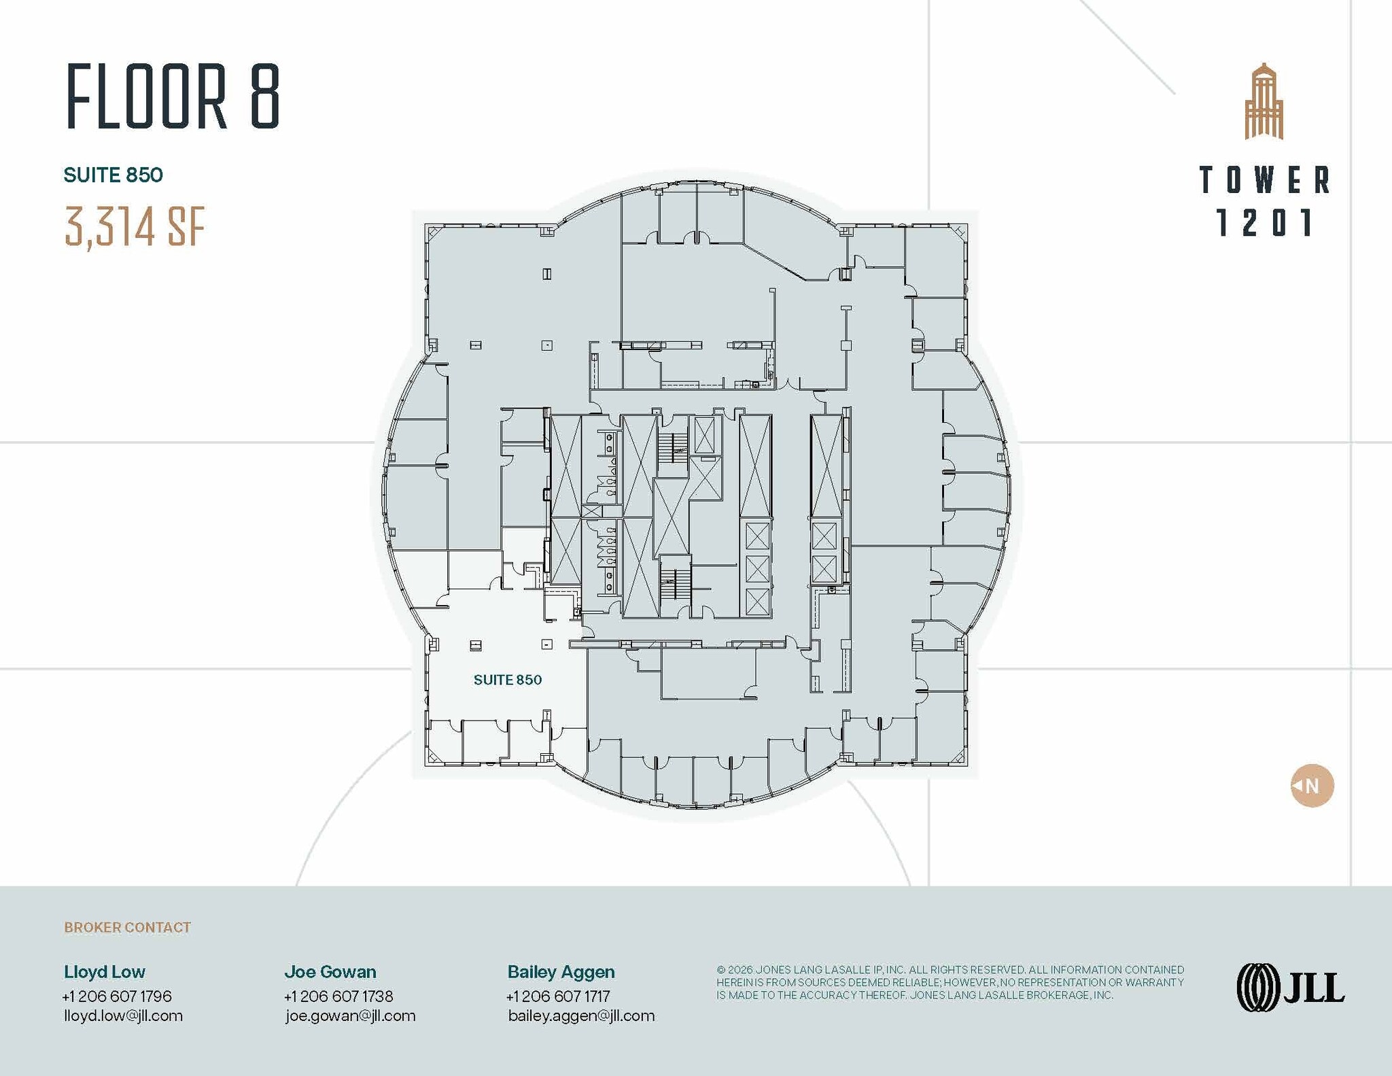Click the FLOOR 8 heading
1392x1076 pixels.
[x=173, y=97]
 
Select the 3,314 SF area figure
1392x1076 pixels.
[x=135, y=226]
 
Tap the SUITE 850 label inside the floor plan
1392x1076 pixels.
[x=508, y=680]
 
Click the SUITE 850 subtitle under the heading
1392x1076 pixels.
[x=114, y=175]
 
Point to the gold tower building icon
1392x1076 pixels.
[x=1264, y=101]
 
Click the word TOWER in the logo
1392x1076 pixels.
[x=1264, y=180]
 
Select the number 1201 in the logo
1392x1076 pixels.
[x=1264, y=223]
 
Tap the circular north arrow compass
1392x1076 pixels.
[x=1312, y=786]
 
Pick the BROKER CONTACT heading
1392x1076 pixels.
[x=128, y=928]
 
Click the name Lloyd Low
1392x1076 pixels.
[x=105, y=972]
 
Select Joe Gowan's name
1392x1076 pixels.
[x=330, y=972]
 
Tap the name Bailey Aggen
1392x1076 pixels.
[x=561, y=973]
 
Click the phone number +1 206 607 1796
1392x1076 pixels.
[x=117, y=996]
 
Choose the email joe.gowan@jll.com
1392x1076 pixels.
[x=351, y=1016]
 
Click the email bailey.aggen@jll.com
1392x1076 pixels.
[x=582, y=1016]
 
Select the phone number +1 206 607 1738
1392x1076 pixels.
[x=338, y=996]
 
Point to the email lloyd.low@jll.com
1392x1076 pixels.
[x=123, y=1016]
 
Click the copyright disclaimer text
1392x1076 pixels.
[x=950, y=982]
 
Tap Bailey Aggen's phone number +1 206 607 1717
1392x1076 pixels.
[x=558, y=996]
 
